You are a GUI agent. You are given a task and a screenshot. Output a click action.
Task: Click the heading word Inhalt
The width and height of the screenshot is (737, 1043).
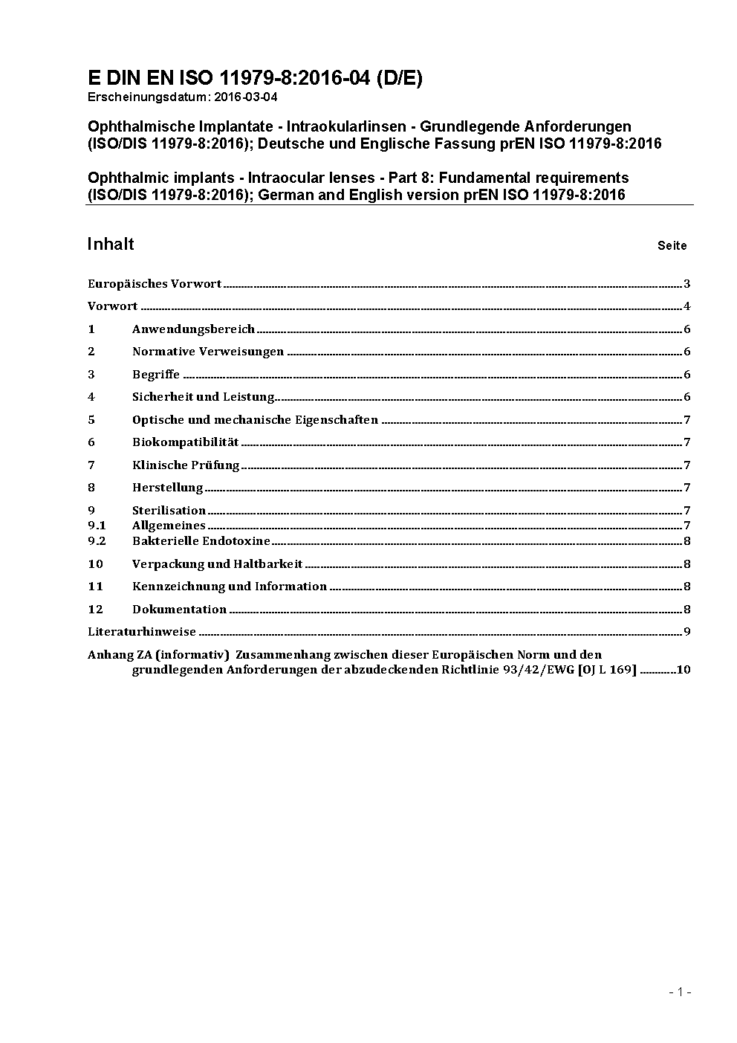click(x=111, y=245)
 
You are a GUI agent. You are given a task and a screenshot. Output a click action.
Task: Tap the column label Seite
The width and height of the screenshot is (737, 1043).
click(x=672, y=246)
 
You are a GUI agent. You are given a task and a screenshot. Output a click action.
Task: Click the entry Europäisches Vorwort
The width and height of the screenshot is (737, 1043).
click(x=155, y=284)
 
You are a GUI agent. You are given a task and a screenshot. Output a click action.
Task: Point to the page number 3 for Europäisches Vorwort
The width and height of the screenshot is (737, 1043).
click(x=687, y=284)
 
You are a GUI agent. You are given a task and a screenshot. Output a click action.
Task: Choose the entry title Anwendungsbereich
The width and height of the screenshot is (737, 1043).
click(x=193, y=329)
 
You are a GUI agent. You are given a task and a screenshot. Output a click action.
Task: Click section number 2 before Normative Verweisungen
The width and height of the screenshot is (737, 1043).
click(x=91, y=352)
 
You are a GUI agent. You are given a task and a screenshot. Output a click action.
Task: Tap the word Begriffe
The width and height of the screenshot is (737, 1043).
click(x=156, y=375)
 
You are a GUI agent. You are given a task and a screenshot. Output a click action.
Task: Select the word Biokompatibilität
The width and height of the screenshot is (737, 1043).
click(x=186, y=442)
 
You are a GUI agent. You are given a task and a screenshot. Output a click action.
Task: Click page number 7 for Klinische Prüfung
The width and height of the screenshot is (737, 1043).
click(x=687, y=465)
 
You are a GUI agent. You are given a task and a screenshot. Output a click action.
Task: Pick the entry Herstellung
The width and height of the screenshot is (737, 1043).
click(x=168, y=488)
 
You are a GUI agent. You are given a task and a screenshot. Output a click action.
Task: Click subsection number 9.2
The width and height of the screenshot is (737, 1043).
click(x=97, y=541)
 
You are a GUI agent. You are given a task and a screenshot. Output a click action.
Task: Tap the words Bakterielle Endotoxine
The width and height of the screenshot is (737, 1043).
click(x=201, y=541)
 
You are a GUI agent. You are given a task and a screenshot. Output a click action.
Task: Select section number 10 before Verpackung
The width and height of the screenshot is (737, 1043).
click(x=95, y=564)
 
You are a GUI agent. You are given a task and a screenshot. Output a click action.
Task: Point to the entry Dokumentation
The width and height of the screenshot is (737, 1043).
click(x=179, y=610)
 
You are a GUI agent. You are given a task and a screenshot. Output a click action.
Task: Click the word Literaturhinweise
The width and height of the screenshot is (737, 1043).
click(x=142, y=632)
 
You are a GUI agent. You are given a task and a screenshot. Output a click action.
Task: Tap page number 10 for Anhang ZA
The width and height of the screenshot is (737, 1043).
click(x=684, y=670)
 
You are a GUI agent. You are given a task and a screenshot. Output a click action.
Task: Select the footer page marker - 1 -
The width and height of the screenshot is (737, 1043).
click(x=680, y=992)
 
